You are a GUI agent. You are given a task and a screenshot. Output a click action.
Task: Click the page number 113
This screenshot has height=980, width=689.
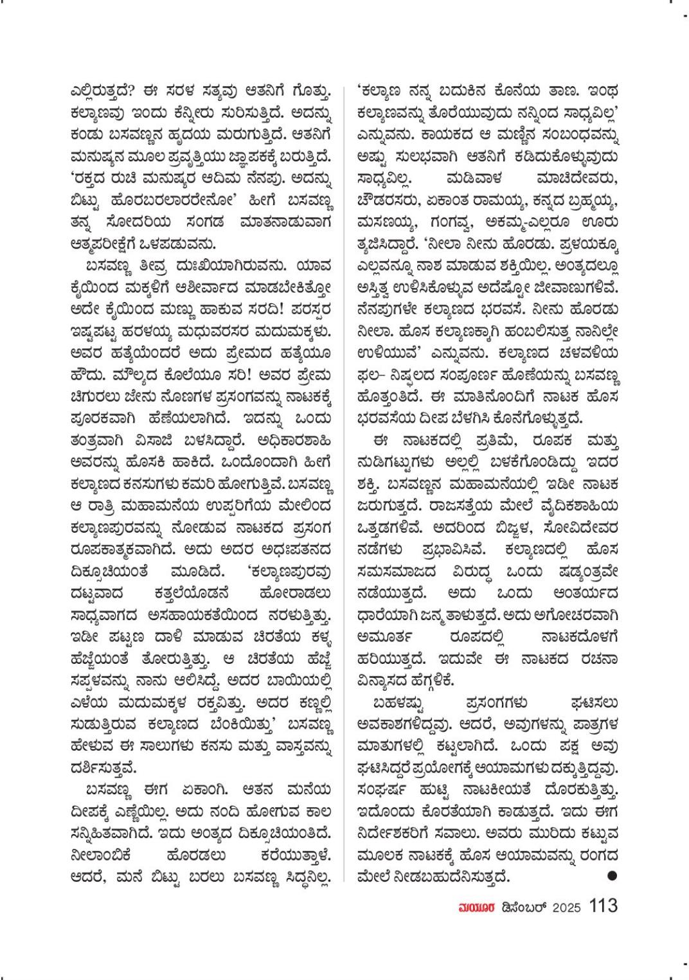(x=603, y=906)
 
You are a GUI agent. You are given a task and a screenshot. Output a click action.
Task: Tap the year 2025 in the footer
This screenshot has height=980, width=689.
(x=566, y=907)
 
